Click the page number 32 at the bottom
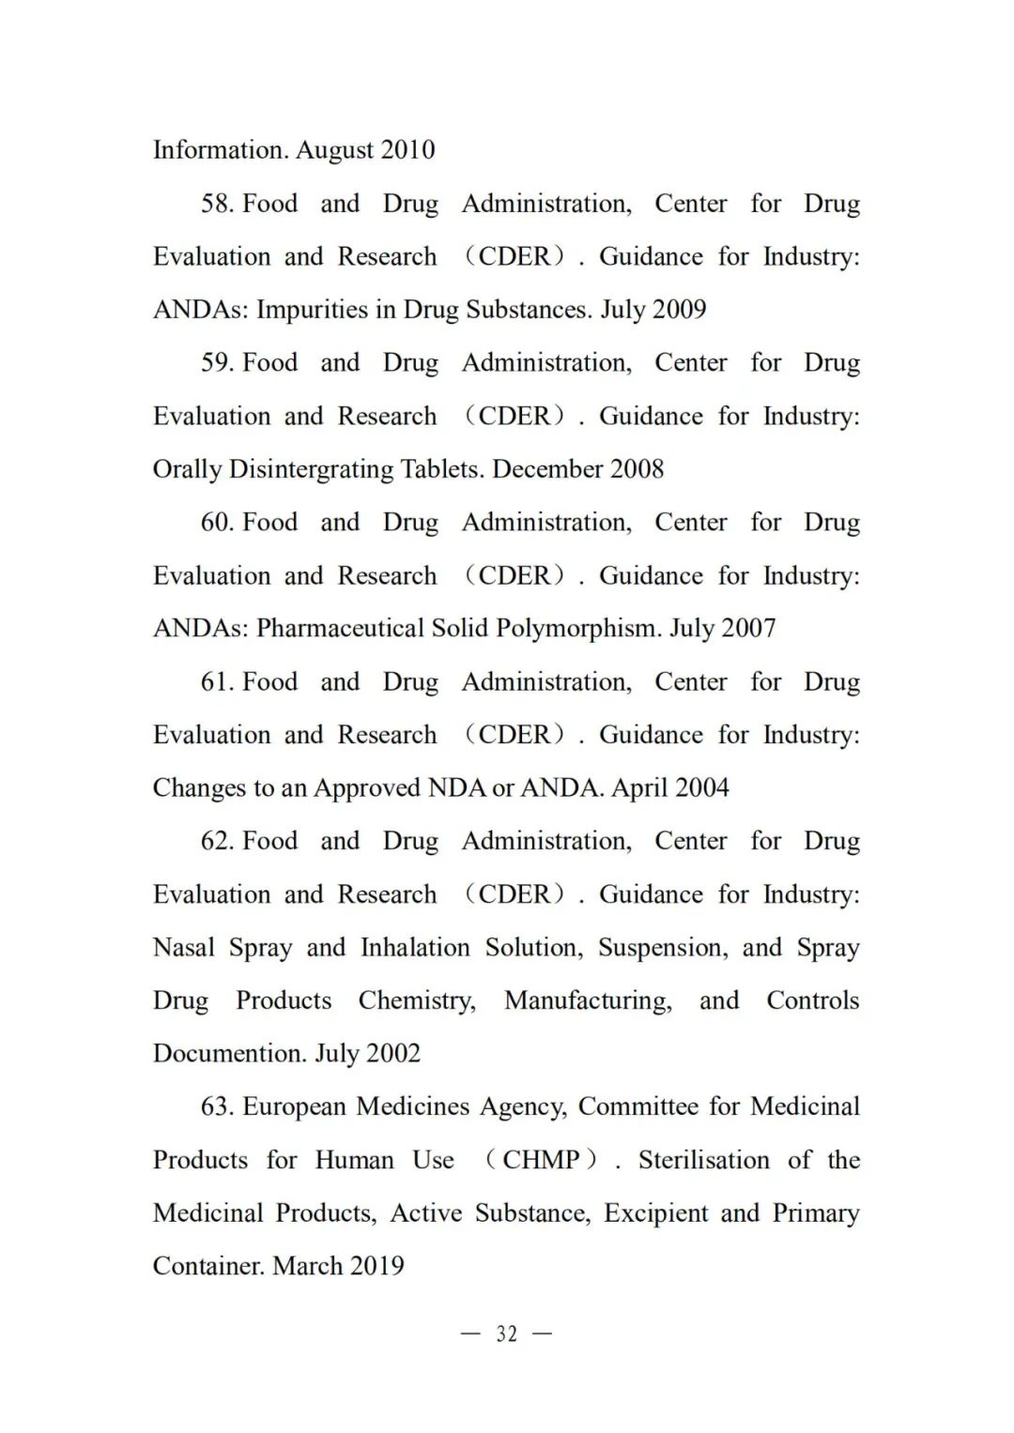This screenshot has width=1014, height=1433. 506,1334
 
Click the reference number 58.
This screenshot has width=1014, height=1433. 217,204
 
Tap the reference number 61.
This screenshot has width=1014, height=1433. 217,682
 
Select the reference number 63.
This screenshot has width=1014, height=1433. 217,1106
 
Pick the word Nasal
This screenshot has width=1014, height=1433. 184,948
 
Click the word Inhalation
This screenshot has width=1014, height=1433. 415,948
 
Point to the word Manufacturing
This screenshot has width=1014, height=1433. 588,1000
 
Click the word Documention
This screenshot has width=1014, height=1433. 229,1054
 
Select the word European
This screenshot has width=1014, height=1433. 296,1106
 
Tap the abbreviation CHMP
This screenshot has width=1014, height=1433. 541,1160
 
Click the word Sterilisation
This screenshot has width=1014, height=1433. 704,1160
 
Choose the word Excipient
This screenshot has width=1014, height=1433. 655,1213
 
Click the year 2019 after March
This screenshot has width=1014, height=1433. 376,1266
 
